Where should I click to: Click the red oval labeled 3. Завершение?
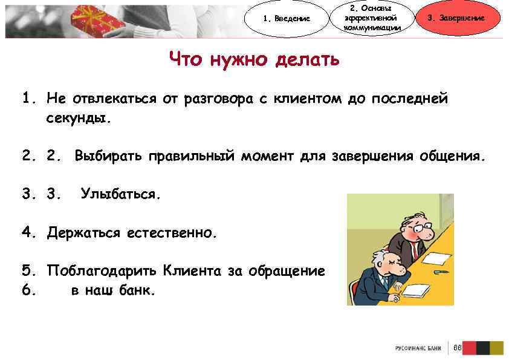[464, 18]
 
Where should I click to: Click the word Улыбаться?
[121, 195]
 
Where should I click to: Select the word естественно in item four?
[170, 233]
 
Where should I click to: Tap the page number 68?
[457, 348]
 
